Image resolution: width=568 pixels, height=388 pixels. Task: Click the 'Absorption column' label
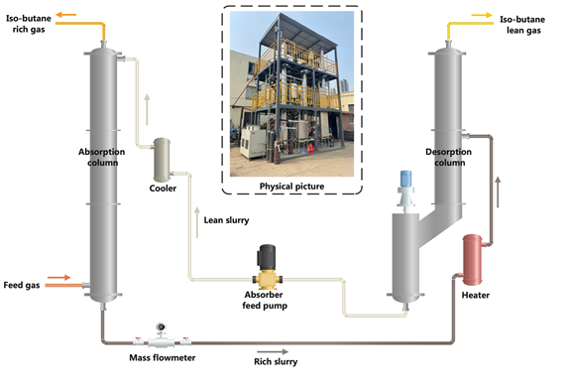[x=99, y=157]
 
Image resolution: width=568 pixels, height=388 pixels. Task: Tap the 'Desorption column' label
[x=450, y=157]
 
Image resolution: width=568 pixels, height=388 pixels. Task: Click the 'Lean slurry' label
[x=226, y=219]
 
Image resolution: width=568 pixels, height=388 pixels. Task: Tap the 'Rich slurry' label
[x=277, y=362]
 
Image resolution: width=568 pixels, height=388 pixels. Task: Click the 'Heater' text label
[x=475, y=295]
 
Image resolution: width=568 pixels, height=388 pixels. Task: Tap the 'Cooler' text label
[x=163, y=188]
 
